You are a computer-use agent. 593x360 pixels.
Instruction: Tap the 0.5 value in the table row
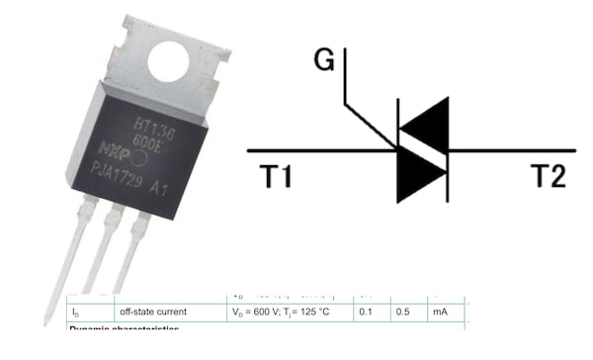pos(403,313)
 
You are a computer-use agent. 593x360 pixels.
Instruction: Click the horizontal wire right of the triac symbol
pos(514,150)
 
